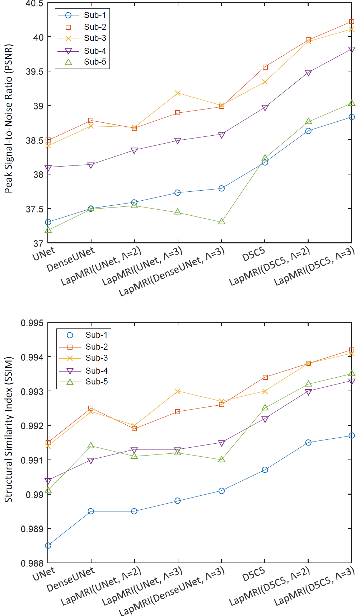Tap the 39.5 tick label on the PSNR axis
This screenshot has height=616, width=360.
click(x=34, y=71)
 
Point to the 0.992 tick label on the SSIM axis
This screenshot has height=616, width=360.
click(x=32, y=426)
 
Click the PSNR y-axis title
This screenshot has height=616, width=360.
click(x=8, y=118)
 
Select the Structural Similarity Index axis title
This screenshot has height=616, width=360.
click(x=8, y=429)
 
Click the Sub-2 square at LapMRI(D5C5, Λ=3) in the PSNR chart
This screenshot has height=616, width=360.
click(x=352, y=22)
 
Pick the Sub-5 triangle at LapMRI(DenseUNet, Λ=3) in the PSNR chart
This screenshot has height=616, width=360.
click(x=221, y=221)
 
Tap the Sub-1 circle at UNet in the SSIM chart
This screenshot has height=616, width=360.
click(x=48, y=546)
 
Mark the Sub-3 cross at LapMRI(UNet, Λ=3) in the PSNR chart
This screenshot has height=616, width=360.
click(x=178, y=93)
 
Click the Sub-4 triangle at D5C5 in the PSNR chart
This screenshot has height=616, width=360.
click(x=265, y=108)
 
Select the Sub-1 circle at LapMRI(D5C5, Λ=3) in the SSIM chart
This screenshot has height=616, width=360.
click(x=352, y=435)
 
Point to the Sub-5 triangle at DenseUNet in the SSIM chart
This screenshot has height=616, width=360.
click(x=91, y=445)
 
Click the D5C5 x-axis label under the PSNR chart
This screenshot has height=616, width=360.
click(x=253, y=255)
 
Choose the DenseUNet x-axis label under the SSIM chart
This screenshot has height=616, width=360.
click(x=71, y=579)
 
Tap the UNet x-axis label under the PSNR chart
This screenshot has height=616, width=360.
click(x=44, y=254)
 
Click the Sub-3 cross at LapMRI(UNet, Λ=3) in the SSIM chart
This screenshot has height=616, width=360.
click(x=178, y=391)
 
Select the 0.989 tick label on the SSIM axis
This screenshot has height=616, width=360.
click(x=32, y=529)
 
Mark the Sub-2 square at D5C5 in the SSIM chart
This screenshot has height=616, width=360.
click(x=265, y=377)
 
